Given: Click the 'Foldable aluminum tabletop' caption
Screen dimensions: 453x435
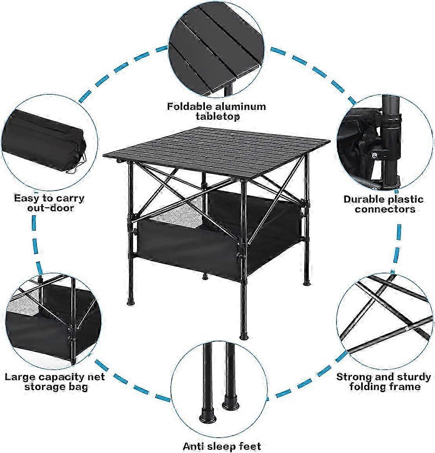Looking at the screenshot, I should [x=216, y=111].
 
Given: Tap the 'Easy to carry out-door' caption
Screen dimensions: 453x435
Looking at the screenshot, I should [x=49, y=203].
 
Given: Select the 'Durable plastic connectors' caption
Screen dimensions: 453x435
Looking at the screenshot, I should [x=384, y=204].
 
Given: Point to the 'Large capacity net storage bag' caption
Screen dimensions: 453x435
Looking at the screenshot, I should [x=55, y=382].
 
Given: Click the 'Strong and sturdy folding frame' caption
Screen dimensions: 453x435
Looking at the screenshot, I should [x=384, y=382].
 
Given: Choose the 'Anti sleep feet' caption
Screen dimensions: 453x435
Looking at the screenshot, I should [x=221, y=446].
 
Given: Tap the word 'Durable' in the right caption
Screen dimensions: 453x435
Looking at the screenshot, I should [x=364, y=199].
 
